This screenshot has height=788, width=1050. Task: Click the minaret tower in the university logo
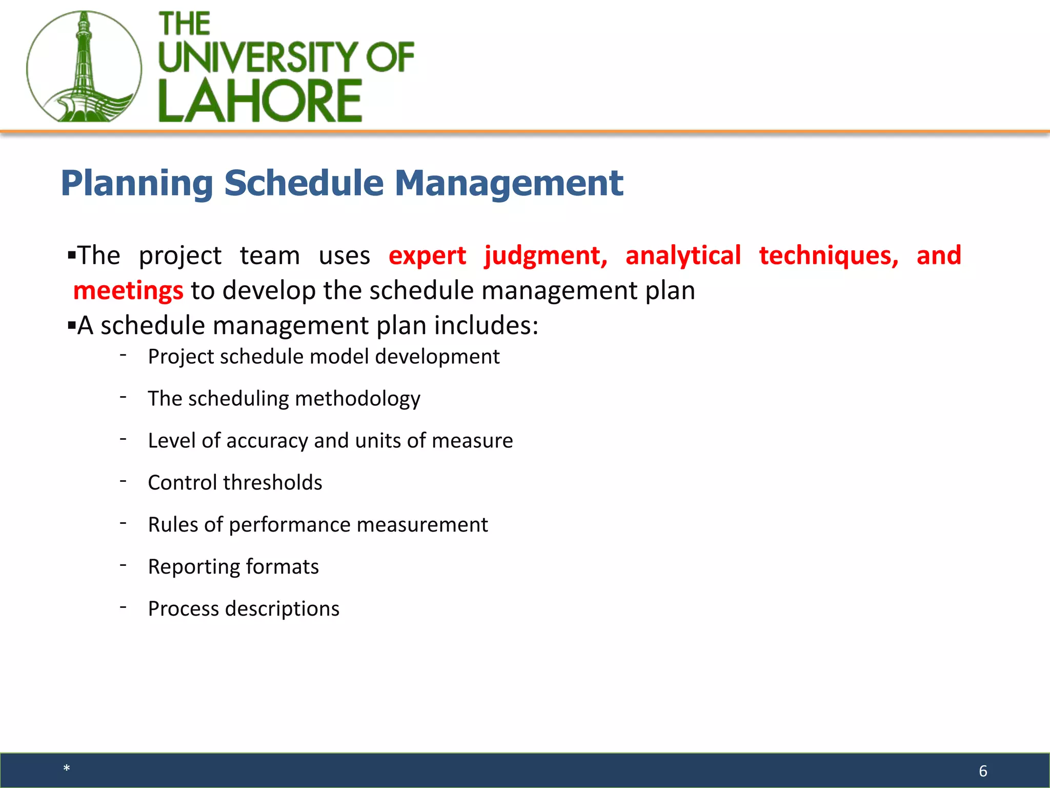point(84,62)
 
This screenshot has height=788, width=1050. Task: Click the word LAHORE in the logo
point(260,101)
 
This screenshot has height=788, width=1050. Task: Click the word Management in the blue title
point(509,183)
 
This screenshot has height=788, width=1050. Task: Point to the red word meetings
point(128,290)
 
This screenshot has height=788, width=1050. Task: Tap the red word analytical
point(683,255)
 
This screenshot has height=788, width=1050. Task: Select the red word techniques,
point(829,255)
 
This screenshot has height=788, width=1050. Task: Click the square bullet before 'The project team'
point(72,254)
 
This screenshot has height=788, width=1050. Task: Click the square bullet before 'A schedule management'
point(72,325)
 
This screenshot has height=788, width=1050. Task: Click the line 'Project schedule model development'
point(324,357)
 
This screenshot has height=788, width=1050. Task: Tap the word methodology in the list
point(357,399)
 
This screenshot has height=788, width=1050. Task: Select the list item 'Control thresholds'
point(235,483)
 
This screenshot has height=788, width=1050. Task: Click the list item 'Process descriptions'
point(244,609)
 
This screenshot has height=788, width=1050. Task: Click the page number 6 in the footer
point(983,771)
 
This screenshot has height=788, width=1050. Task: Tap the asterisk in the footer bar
point(67,769)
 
